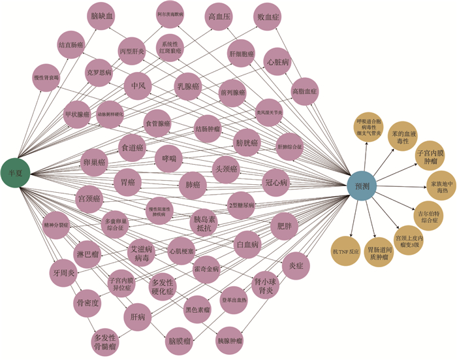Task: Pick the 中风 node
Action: point(138,86)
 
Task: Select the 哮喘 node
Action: point(168,158)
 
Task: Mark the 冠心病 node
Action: point(276,182)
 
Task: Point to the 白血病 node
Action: point(247,244)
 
